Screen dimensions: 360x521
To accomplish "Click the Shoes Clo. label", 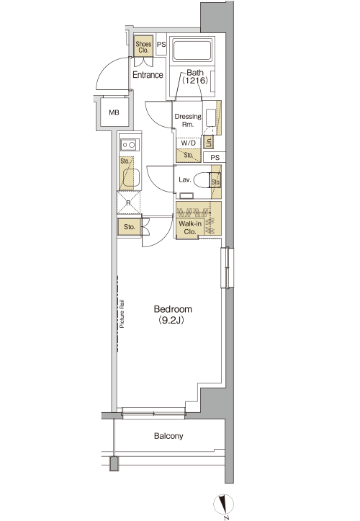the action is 143,47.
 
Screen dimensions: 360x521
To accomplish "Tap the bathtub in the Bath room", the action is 192,50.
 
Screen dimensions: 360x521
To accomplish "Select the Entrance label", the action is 148,75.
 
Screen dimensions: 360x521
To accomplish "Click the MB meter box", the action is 114,112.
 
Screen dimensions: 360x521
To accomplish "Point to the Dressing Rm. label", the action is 188,120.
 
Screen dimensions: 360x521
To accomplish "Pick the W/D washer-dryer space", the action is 189,143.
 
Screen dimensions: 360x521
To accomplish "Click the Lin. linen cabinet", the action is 208,142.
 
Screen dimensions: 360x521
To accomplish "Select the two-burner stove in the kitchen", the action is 129,145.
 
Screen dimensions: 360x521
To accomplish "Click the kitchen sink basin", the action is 131,178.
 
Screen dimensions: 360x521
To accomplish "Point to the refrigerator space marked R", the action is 129,202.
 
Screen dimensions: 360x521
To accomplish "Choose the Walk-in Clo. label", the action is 190,228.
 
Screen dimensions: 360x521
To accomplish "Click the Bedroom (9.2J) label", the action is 173,314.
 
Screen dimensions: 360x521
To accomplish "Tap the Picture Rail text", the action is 122,314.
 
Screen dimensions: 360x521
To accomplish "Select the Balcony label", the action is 168,436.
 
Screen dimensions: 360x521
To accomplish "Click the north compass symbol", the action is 223,504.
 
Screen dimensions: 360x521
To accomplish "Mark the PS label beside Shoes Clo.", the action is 161,44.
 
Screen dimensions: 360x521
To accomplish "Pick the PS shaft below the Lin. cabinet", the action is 215,157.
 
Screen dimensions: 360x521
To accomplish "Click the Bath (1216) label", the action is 195,76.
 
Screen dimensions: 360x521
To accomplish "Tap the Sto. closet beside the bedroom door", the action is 129,227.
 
